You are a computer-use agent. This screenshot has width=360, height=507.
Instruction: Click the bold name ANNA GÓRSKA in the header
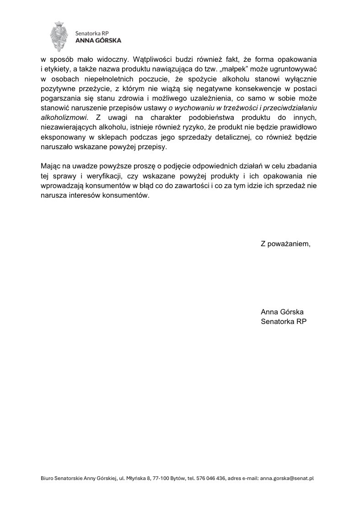[98, 40]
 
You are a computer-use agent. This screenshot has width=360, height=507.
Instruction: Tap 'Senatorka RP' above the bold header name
[89, 32]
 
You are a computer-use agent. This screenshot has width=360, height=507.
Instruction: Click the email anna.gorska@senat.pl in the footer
[286, 478]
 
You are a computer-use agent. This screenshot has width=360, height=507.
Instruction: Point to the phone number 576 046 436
[211, 478]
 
